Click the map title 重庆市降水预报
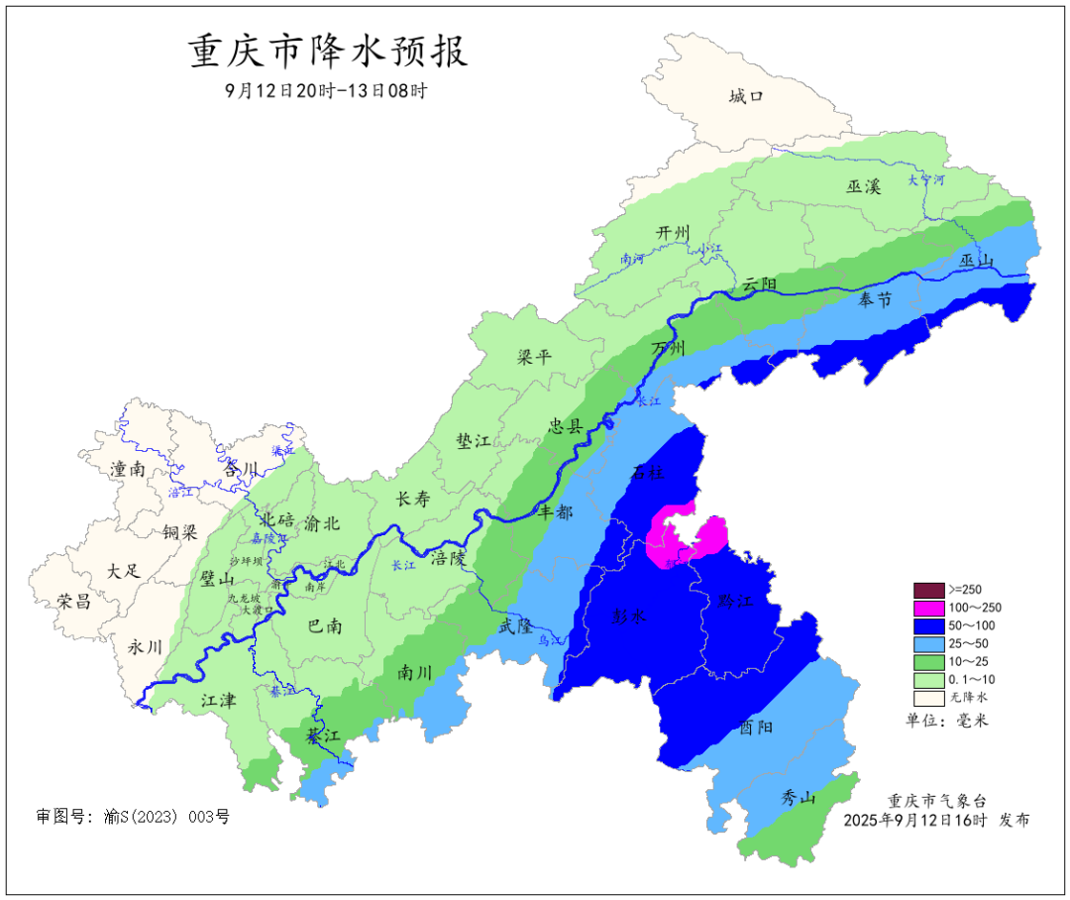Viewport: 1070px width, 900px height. [x=328, y=51]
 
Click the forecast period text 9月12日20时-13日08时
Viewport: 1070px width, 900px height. [x=326, y=90]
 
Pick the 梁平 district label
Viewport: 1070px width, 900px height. [x=534, y=357]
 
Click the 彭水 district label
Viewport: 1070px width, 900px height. [x=629, y=616]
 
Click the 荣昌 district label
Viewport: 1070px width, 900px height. [x=73, y=601]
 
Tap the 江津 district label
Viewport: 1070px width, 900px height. [x=218, y=700]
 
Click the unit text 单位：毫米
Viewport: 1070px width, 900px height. [x=947, y=721]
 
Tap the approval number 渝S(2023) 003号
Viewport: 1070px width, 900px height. [x=133, y=817]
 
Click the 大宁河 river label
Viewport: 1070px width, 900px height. [x=926, y=180]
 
